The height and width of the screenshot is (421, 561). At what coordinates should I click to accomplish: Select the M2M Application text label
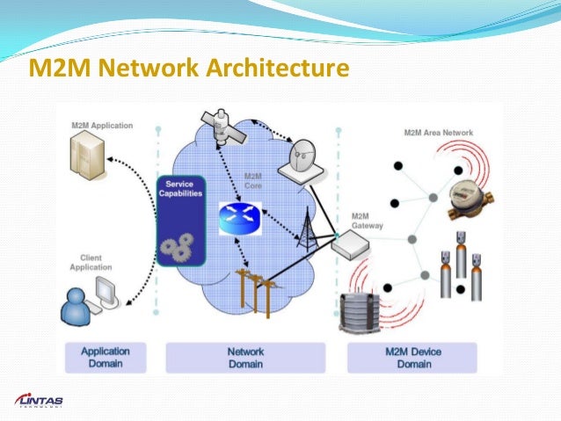coord(102,126)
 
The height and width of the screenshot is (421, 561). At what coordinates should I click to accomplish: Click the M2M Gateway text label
coord(367,221)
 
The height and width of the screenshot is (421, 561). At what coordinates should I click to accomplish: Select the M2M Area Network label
coord(438,133)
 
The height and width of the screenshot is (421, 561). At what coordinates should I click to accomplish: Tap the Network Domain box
coord(245,357)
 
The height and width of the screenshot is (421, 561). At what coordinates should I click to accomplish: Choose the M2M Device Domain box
coord(412,357)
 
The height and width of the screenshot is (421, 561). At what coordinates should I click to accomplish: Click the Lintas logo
coord(40,400)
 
